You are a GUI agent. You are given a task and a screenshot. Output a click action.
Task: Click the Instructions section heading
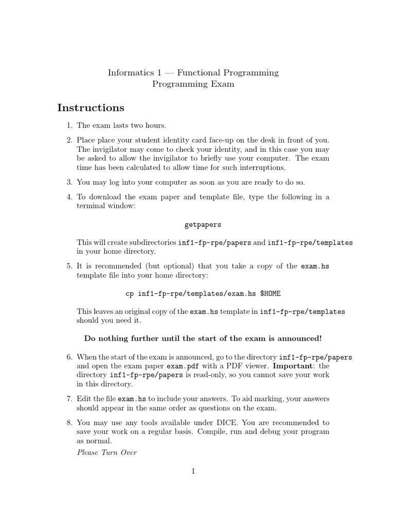pyautogui.click(x=91, y=108)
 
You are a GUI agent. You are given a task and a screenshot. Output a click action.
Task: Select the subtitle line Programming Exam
pyautogui.click(x=193, y=84)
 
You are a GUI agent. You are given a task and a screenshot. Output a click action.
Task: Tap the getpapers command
pyautogui.click(x=203, y=225)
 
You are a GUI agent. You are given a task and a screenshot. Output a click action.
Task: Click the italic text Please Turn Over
pyautogui.click(x=106, y=452)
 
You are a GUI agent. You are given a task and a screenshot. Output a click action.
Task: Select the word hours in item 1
pyautogui.click(x=156, y=126)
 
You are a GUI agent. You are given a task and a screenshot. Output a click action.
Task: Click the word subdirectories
pyautogui.click(x=151, y=242)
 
